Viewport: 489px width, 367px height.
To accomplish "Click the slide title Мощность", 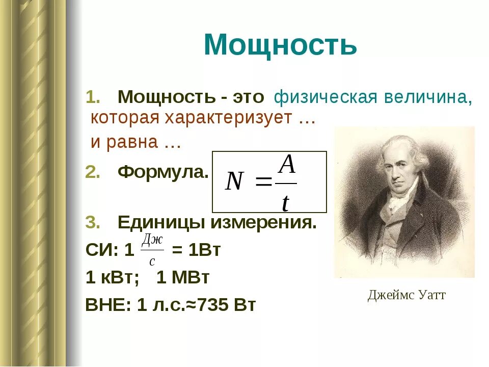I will pos(280,45).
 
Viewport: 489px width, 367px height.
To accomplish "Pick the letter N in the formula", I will pos(234,181).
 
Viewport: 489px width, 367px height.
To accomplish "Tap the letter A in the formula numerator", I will pos(288,165).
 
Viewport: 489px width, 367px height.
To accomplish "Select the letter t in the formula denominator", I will pos(286,203).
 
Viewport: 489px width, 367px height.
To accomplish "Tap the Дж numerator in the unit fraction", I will pos(152,240).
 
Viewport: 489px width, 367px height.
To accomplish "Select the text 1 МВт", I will pos(183,278).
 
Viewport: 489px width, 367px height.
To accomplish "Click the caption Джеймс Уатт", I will pos(406,295).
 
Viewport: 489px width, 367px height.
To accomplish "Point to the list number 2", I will pos(93,172).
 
